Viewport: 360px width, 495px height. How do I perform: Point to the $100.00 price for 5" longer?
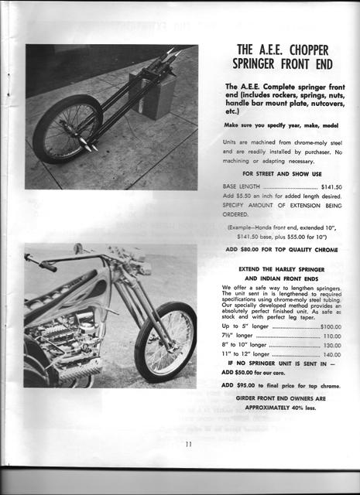tap(331, 327)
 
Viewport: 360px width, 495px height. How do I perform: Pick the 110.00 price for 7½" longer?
tap(332, 336)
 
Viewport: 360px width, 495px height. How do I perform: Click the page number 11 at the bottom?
tap(188, 445)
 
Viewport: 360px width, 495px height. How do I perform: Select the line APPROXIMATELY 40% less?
tap(276, 406)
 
